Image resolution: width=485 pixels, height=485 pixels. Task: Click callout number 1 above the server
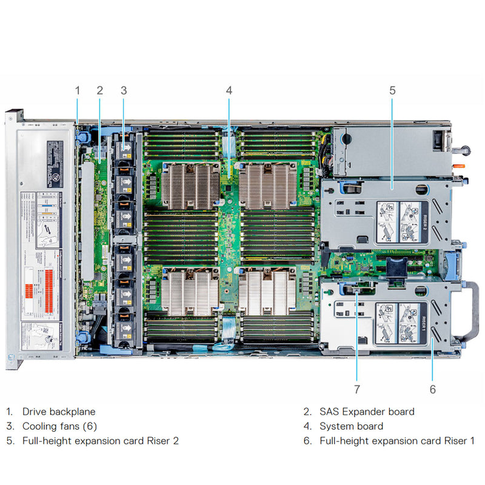tap(77, 90)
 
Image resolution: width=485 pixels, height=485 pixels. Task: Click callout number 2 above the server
tap(100, 90)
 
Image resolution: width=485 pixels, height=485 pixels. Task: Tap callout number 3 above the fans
tap(124, 90)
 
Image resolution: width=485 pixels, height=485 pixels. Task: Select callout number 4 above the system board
tap(229, 90)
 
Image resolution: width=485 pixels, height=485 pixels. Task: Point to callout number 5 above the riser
tap(392, 90)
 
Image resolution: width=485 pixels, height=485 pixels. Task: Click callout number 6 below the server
tap(432, 389)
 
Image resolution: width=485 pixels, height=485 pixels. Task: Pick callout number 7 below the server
tap(357, 389)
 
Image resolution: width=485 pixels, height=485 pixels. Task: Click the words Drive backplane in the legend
tap(59, 412)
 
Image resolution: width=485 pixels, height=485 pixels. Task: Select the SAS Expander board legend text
tap(367, 412)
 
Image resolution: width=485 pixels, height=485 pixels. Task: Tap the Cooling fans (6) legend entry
tap(59, 426)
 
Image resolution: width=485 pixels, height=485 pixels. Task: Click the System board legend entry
tap(351, 426)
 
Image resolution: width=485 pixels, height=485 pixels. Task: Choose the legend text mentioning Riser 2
tap(101, 441)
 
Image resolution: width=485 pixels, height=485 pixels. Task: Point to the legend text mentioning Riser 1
tap(397, 441)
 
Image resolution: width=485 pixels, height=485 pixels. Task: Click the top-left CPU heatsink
tap(190, 184)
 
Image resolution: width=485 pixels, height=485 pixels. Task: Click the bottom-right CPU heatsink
tap(267, 293)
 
